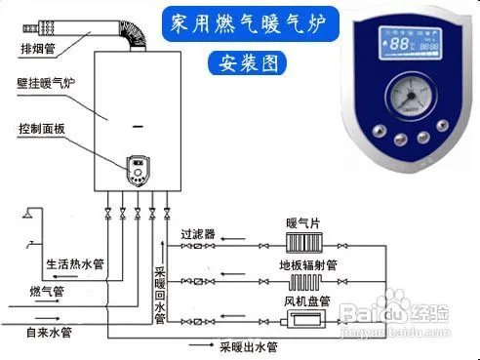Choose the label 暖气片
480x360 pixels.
301,224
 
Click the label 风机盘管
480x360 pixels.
305,300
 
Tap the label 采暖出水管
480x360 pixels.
247,345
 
